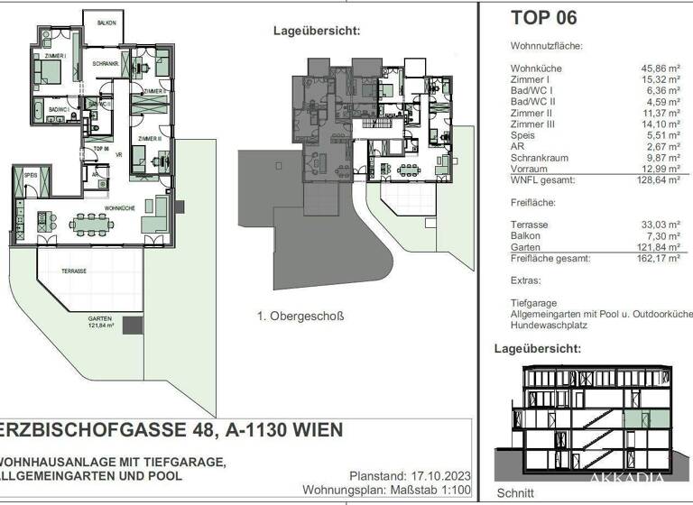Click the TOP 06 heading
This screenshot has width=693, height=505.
543,17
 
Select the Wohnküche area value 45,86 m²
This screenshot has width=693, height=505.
657,69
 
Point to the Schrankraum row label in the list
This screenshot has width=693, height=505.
539,157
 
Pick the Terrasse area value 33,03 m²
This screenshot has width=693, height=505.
658,225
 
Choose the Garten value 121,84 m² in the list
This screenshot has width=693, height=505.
655,246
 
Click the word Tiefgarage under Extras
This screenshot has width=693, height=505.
531,302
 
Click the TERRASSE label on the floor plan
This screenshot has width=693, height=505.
74,271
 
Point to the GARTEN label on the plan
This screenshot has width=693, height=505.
99,319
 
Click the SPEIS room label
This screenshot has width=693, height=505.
31,175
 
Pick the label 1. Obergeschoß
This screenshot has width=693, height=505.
301,316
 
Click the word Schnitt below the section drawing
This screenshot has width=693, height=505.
515,494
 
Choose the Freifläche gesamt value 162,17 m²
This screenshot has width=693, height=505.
655,258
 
